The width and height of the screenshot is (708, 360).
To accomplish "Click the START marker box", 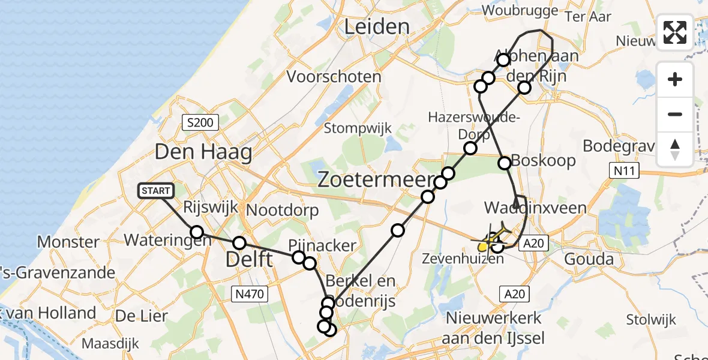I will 157,191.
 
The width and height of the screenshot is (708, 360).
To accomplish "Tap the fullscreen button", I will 675,32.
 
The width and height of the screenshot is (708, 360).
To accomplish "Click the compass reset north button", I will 675,149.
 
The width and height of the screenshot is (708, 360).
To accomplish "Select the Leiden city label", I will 376,26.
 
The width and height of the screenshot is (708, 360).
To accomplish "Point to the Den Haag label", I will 203,152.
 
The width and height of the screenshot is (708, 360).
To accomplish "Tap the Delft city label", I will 249,260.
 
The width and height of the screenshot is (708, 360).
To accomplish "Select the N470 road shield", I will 250,293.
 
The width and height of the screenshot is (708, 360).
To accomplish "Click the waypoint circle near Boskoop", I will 505,163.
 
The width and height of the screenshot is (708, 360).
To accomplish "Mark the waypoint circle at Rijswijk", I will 197,232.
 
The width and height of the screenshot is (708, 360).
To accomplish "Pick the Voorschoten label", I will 334,77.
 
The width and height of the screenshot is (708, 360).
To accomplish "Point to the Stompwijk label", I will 358,128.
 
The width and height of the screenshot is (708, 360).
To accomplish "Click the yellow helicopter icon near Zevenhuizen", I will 489,242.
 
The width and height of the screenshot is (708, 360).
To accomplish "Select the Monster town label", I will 68,242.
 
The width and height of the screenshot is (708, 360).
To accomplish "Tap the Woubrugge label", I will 520,10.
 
